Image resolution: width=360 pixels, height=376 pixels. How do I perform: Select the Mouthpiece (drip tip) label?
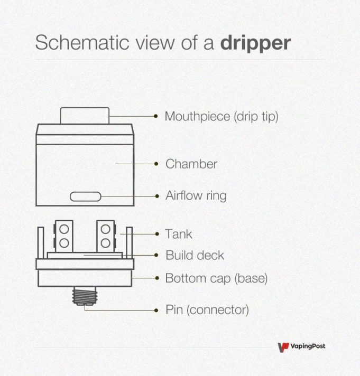coord(221,116)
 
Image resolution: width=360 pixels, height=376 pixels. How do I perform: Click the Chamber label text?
coord(191,164)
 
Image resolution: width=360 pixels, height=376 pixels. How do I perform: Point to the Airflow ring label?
coord(196,196)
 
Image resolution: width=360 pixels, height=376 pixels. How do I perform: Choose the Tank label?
coord(179,234)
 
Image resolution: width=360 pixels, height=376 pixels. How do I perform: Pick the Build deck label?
coord(195,256)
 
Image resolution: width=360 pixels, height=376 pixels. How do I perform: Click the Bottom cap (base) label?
coord(216,278)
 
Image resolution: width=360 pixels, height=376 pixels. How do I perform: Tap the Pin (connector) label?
coord(207,309)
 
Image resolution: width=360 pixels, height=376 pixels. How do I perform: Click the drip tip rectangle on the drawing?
coord(85,116)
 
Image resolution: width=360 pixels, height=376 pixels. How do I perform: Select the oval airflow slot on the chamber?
coord(85,197)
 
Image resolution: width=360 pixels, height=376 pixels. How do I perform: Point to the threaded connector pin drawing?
coord(85,296)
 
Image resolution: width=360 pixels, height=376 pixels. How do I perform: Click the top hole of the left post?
coord(64,229)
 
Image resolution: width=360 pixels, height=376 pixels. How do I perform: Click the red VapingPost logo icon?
coord(283,347)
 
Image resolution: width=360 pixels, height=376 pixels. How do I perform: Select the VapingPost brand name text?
coord(308,346)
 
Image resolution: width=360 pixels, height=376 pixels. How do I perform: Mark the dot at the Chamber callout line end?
coord(156,164)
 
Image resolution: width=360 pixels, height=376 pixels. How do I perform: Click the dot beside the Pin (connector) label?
coord(156,309)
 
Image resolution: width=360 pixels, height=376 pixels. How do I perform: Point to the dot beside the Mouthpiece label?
coord(156,116)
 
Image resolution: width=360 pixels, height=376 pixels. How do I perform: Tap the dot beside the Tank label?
coord(156,234)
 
